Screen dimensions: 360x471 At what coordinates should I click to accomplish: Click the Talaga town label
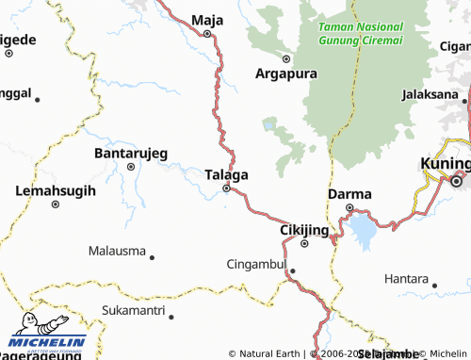tap(226, 174)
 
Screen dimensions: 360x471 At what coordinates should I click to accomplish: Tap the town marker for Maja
tap(207, 33)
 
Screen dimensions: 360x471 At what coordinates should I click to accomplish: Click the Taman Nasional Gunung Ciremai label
tap(361, 33)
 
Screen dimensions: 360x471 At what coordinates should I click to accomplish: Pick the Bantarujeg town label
tap(131, 152)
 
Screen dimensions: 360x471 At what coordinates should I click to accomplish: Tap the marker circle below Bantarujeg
tap(131, 167)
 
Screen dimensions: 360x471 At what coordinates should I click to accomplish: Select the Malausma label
tap(117, 252)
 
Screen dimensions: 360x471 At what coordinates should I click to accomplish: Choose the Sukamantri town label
tap(133, 309)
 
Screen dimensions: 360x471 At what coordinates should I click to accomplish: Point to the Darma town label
tap(349, 194)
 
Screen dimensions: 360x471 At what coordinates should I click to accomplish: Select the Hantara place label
tap(406, 279)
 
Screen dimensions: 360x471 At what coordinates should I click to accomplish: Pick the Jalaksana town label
tap(430, 95)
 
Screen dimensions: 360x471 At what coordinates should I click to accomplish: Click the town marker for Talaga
tap(226, 188)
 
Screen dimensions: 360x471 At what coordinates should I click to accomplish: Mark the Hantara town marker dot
tap(434, 281)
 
